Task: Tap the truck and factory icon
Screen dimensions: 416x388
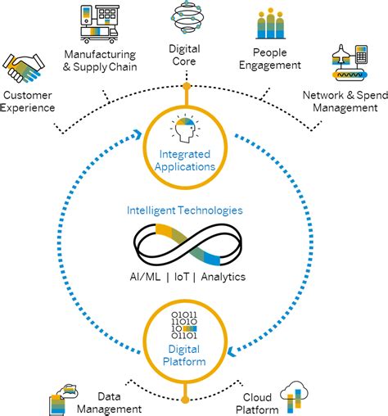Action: point(106,25)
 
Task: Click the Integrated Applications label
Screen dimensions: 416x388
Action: point(184,160)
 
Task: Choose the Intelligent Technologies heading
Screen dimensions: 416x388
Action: point(184,210)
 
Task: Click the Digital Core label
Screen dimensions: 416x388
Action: point(184,54)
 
